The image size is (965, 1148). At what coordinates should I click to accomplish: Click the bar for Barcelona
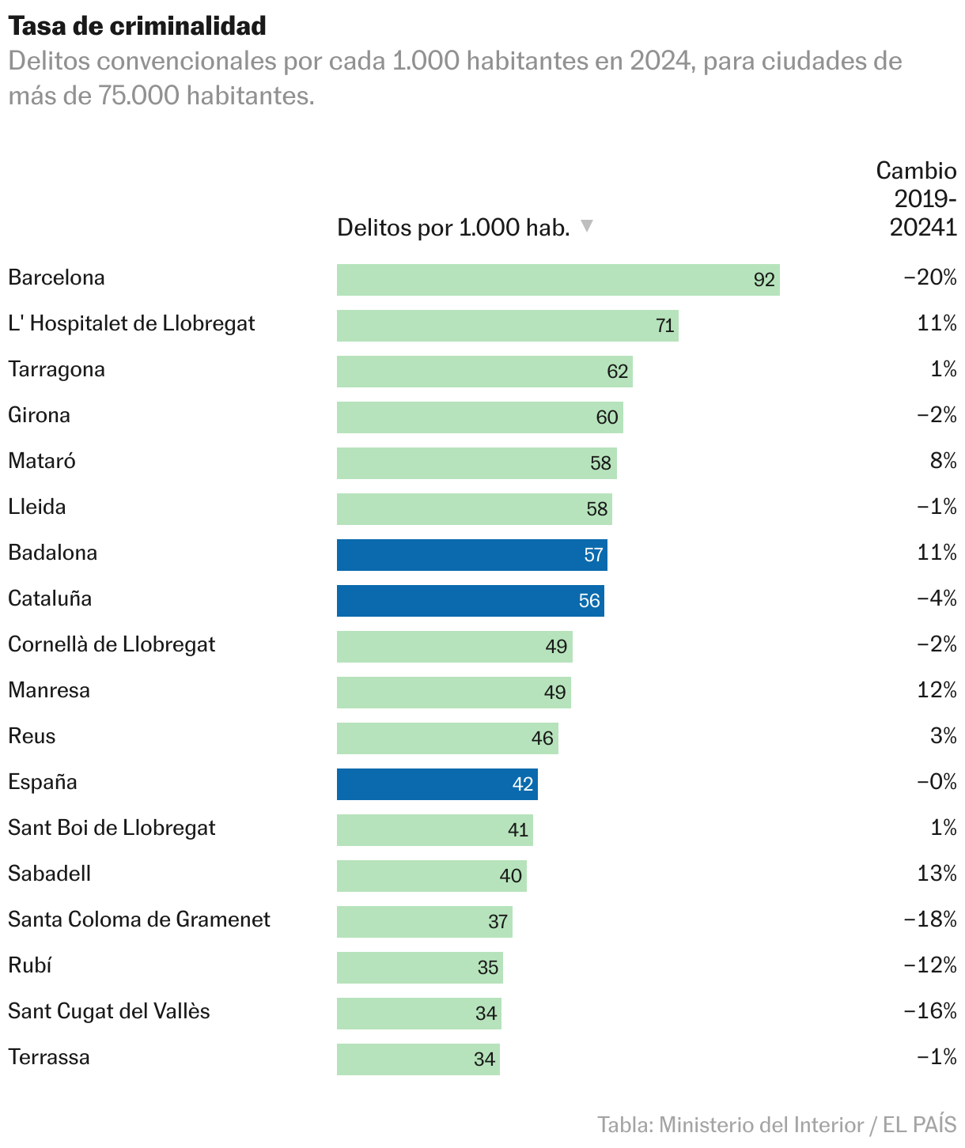(x=558, y=280)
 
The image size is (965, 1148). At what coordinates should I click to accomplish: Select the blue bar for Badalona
(x=471, y=555)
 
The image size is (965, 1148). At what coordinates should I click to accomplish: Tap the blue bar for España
(x=437, y=784)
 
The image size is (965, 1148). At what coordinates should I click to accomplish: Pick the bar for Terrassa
(x=418, y=1059)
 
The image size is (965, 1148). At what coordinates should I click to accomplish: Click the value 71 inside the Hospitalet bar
(x=665, y=326)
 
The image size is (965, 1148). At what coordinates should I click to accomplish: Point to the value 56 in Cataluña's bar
(x=589, y=601)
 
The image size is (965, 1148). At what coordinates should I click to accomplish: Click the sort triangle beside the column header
(x=587, y=226)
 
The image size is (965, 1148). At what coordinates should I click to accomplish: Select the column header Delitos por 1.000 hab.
(x=453, y=228)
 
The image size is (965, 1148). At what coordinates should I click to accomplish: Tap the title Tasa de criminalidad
(x=138, y=26)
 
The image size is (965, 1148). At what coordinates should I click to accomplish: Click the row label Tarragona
(x=56, y=369)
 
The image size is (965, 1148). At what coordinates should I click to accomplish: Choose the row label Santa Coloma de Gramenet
(x=139, y=920)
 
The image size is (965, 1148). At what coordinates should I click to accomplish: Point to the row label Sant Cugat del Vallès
(x=109, y=1011)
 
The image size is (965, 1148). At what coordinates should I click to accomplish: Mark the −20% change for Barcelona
(x=930, y=278)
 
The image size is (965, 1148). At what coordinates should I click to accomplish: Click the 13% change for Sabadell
(x=937, y=874)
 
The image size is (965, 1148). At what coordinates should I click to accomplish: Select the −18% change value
(x=930, y=920)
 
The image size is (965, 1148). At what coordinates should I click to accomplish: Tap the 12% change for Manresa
(x=937, y=690)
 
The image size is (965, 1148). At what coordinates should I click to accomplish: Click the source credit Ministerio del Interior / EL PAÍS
(x=777, y=1124)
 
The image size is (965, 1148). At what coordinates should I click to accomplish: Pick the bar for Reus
(x=447, y=738)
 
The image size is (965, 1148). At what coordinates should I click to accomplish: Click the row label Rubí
(x=30, y=965)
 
